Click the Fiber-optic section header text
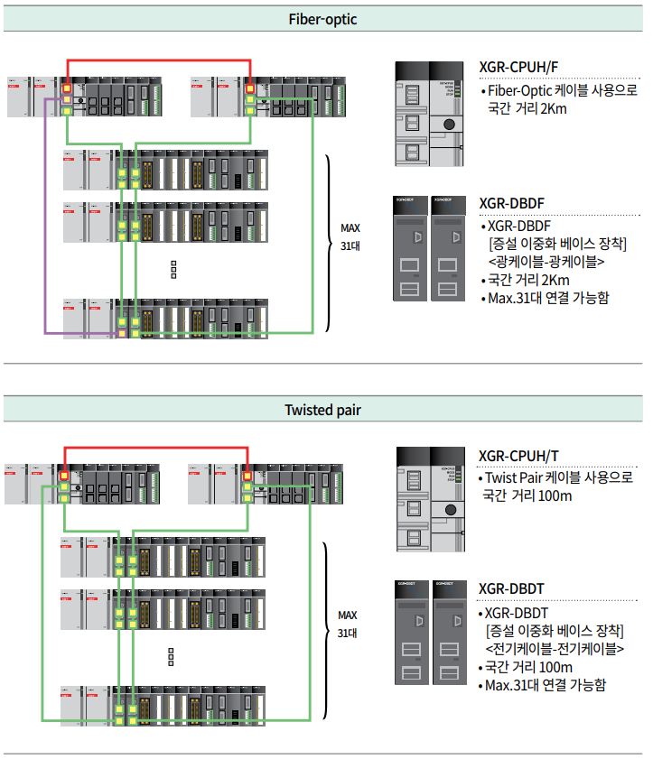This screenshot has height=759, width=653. pyautogui.click(x=323, y=18)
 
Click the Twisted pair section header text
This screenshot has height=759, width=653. pyautogui.click(x=323, y=410)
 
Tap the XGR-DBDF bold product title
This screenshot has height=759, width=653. pyautogui.click(x=511, y=203)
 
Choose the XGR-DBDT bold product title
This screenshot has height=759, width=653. pyautogui.click(x=511, y=589)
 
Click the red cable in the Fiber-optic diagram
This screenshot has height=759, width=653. pyautogui.click(x=158, y=60)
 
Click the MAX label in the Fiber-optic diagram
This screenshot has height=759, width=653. pyautogui.click(x=350, y=227)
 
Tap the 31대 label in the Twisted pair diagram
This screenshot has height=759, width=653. pyautogui.click(x=348, y=634)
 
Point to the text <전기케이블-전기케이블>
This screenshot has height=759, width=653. pyautogui.click(x=555, y=649)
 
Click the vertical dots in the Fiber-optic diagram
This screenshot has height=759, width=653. pyautogui.click(x=173, y=269)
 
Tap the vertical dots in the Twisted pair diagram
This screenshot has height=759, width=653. pyautogui.click(x=172, y=656)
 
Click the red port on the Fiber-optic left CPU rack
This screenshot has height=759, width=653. pyautogui.click(x=67, y=88)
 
